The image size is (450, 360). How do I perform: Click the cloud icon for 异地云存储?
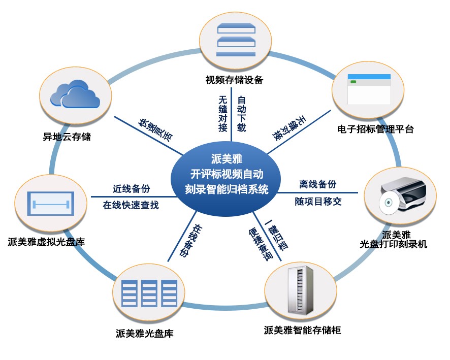(x=75, y=95)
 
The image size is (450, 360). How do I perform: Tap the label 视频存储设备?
(x=234, y=80)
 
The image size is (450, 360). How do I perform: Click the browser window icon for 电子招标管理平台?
(x=369, y=89)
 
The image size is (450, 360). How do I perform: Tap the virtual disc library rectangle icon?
(x=50, y=206)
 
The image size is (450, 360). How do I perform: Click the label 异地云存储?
(x=67, y=137)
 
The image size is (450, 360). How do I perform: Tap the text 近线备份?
(x=131, y=188)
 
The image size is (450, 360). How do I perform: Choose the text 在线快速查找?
(x=131, y=206)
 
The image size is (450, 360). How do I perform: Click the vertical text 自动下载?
(x=241, y=113)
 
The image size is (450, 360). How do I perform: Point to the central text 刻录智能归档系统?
(x=227, y=189)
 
